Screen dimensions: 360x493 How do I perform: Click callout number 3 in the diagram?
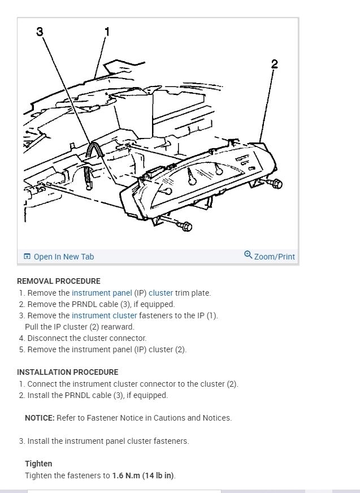[40, 32]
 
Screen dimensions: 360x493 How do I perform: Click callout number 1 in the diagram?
[107, 32]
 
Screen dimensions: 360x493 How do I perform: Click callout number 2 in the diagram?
[274, 64]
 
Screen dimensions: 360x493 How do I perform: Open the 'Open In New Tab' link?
[63, 257]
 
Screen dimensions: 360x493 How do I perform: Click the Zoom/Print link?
[274, 257]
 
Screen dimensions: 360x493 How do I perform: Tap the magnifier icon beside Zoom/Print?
[248, 255]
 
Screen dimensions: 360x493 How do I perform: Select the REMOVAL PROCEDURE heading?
[59, 281]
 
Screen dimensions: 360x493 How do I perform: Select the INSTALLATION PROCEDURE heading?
[68, 372]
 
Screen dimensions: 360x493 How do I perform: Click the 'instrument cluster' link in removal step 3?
[104, 315]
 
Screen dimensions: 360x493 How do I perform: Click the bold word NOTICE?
[40, 418]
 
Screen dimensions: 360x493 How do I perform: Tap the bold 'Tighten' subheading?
[38, 464]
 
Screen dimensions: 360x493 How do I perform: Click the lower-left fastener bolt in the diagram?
[186, 227]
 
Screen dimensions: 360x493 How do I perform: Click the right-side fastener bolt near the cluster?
[276, 184]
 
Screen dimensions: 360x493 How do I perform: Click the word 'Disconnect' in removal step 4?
[47, 338]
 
